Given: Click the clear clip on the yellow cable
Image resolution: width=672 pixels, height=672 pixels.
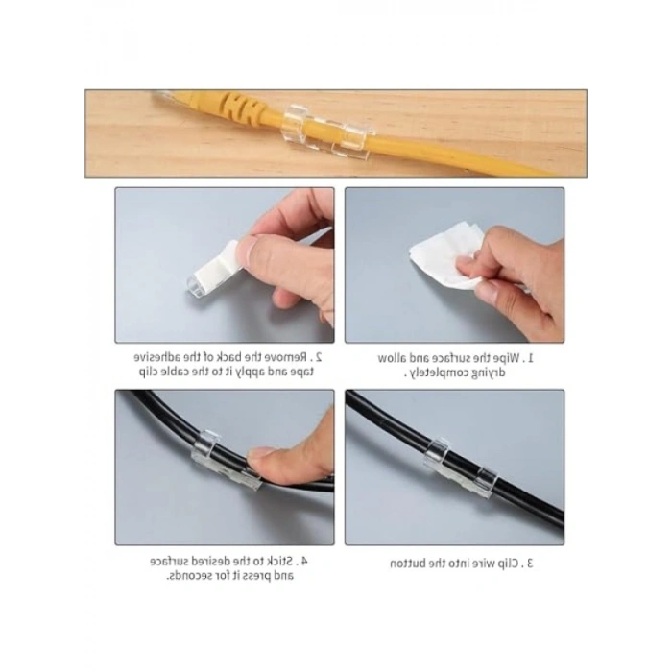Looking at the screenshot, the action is (x=326, y=129).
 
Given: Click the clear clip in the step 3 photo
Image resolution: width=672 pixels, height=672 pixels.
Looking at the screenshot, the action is (x=460, y=468).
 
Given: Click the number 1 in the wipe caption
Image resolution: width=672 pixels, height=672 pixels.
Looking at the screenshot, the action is (x=530, y=358).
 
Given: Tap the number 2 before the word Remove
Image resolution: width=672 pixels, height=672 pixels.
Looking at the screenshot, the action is (x=318, y=356).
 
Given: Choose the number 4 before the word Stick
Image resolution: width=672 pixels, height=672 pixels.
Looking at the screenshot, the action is (x=304, y=561).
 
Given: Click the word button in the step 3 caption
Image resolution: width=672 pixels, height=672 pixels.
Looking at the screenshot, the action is (x=409, y=564).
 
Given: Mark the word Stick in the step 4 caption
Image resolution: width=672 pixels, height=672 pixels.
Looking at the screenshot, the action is (x=280, y=561).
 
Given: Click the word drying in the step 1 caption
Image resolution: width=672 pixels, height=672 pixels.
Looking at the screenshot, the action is (x=488, y=372).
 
